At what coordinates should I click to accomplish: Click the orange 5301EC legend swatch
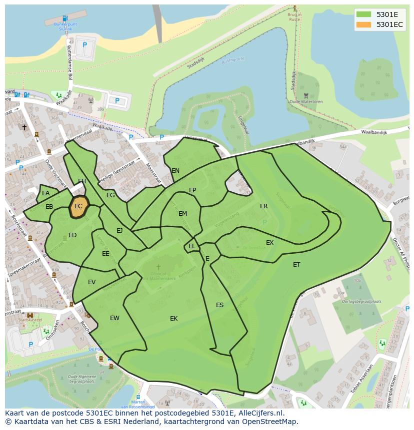pos(363,24)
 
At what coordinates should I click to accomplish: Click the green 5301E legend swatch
pos(363,14)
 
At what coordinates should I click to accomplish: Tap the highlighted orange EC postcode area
pos(78,206)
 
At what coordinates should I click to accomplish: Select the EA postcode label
pos(46,193)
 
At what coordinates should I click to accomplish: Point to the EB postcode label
pos(49,207)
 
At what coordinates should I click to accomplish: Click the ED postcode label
pos(72,235)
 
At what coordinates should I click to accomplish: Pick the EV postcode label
pos(91,282)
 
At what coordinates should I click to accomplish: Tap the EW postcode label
pos(114,318)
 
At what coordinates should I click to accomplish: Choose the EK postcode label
pos(173,319)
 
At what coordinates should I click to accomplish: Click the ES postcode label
pos(219,305)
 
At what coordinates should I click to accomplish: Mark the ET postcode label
pos(296,265)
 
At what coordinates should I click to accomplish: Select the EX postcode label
pos(269,243)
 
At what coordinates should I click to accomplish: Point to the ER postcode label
pos(263,206)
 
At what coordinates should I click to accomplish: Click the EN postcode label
pos(175,171)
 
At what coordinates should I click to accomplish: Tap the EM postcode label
pos(182,214)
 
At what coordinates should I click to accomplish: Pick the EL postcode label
pos(192,246)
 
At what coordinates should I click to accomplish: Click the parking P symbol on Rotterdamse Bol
pos(84,45)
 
